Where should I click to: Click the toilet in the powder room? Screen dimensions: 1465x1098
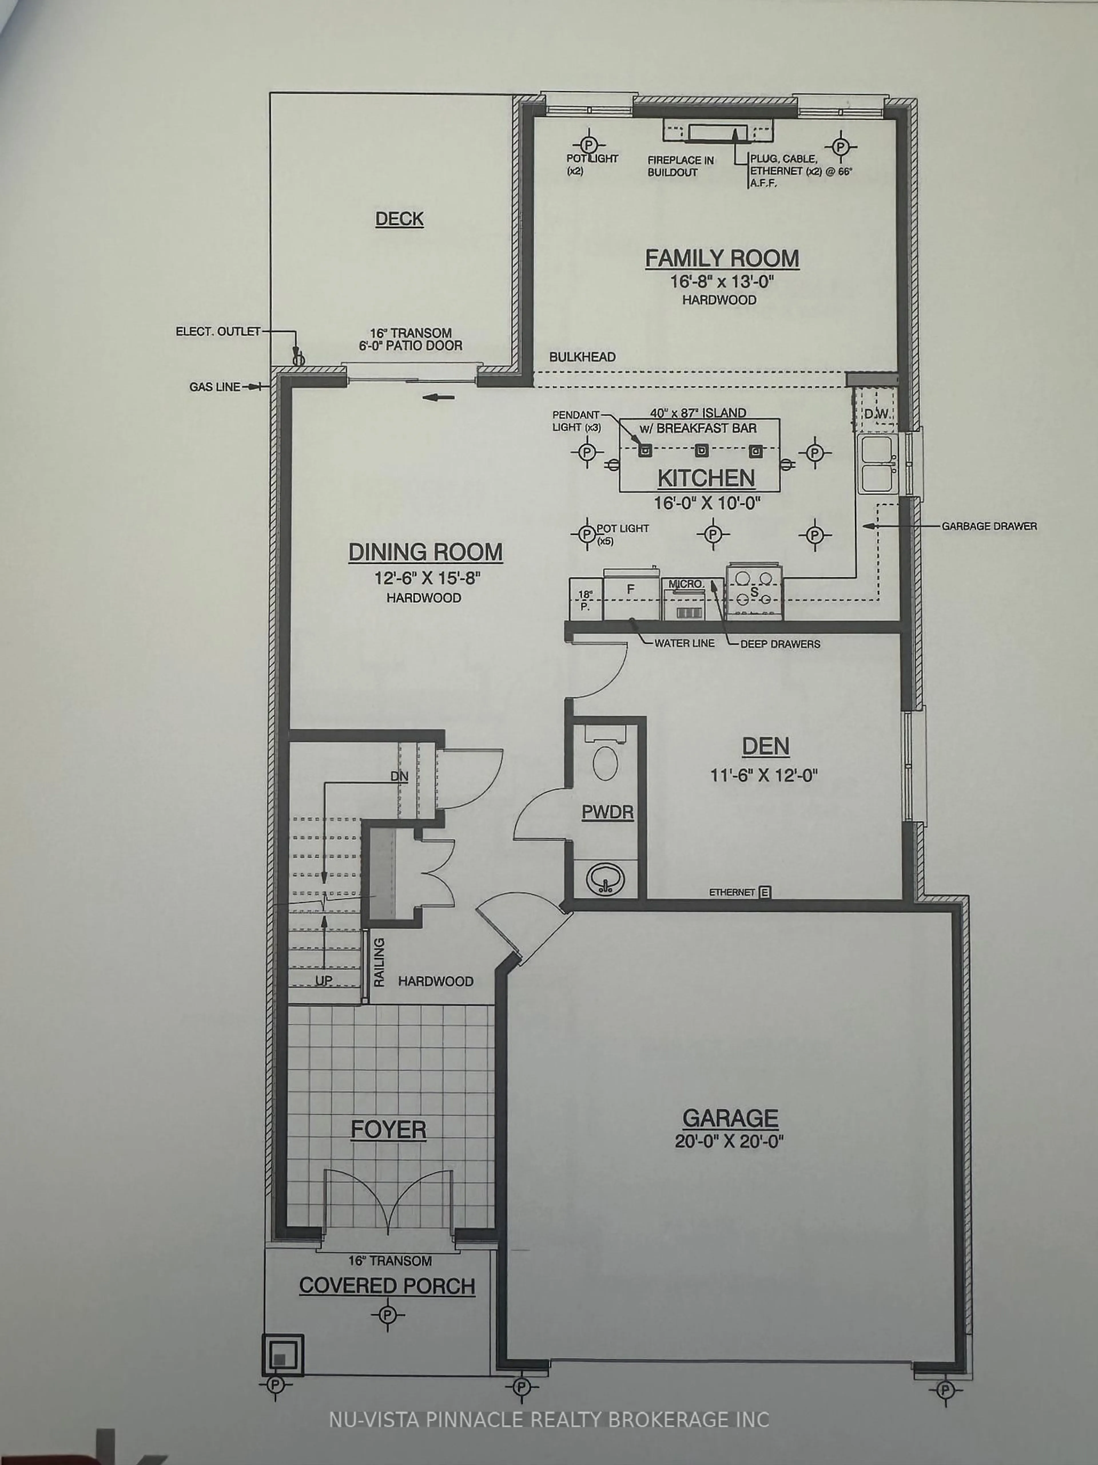(x=605, y=763)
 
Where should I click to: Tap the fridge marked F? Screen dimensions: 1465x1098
(x=631, y=589)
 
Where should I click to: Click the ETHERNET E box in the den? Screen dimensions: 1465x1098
(x=764, y=892)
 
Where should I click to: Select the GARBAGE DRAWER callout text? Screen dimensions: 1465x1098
(x=989, y=526)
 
